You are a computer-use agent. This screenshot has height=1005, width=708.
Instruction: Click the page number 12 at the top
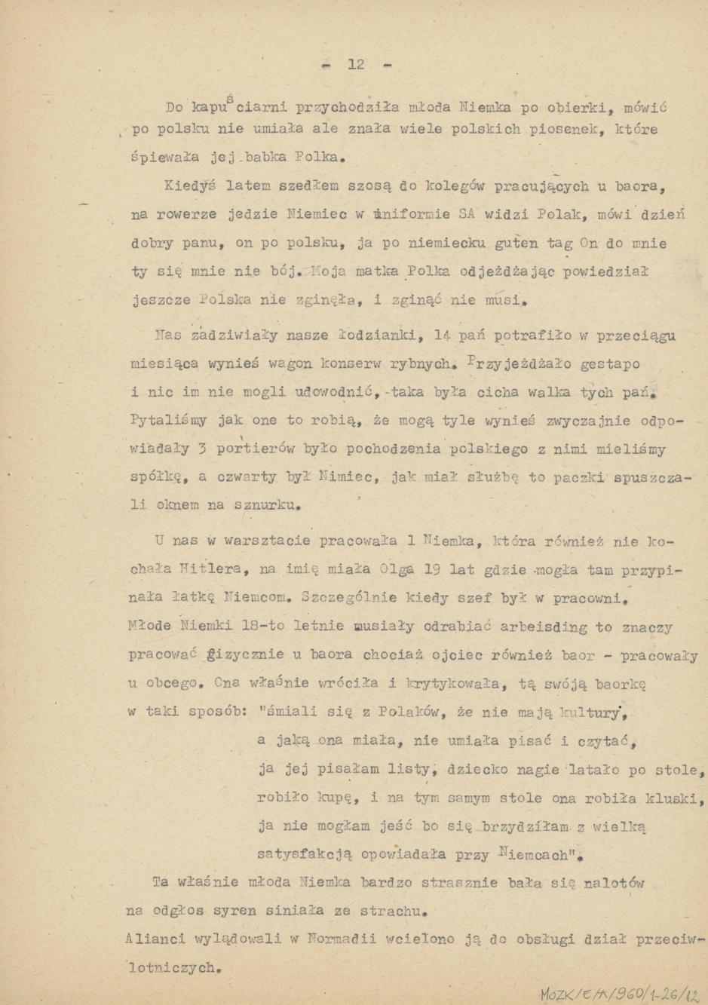click(357, 65)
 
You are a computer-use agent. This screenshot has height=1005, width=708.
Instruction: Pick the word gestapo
click(611, 364)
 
